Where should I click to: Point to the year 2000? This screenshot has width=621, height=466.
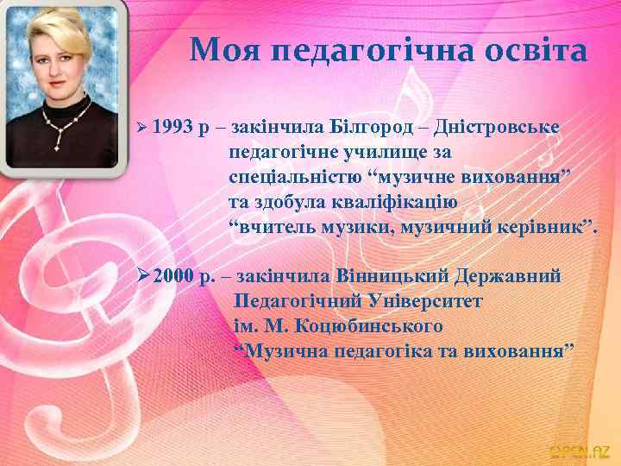[173, 277]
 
